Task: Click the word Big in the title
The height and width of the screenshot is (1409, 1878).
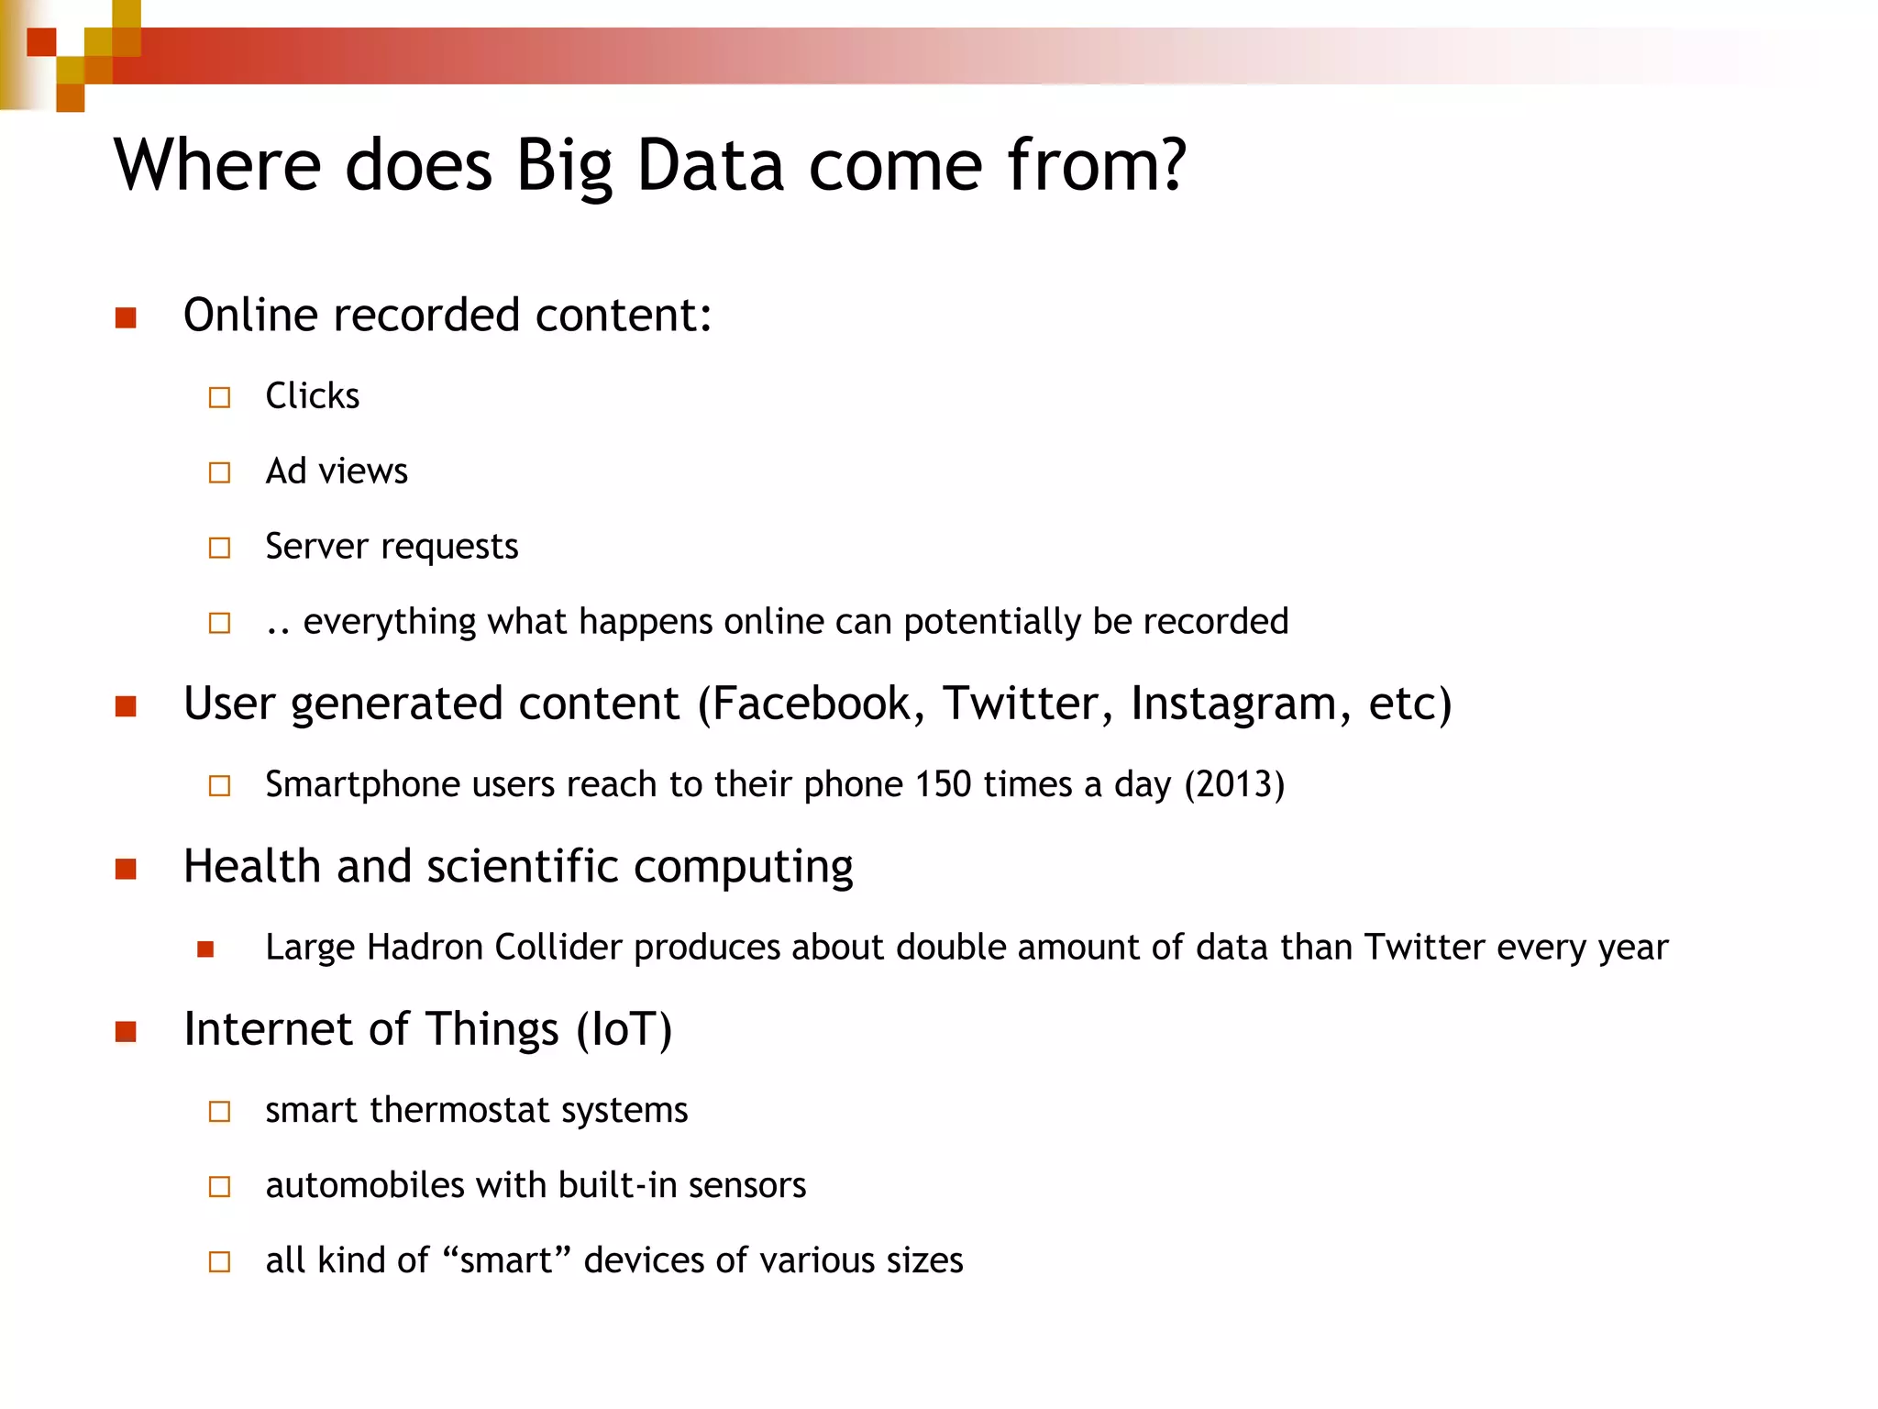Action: (x=563, y=167)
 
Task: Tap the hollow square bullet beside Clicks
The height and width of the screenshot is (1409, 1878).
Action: (x=219, y=397)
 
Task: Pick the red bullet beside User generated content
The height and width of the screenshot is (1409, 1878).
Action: (x=126, y=706)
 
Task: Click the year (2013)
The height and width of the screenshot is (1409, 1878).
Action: (x=1234, y=785)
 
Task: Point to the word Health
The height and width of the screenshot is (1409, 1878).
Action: (x=251, y=867)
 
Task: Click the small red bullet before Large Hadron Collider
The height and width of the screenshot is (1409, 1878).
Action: (x=205, y=949)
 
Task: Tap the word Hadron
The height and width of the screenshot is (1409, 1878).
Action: (x=425, y=948)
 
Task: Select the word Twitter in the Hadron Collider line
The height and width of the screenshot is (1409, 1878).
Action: (x=1424, y=948)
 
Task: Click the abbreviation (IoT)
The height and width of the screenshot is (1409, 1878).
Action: (x=624, y=1029)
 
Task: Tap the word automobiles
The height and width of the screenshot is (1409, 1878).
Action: (x=365, y=1186)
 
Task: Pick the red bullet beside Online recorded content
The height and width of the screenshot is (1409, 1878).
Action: (x=126, y=318)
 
